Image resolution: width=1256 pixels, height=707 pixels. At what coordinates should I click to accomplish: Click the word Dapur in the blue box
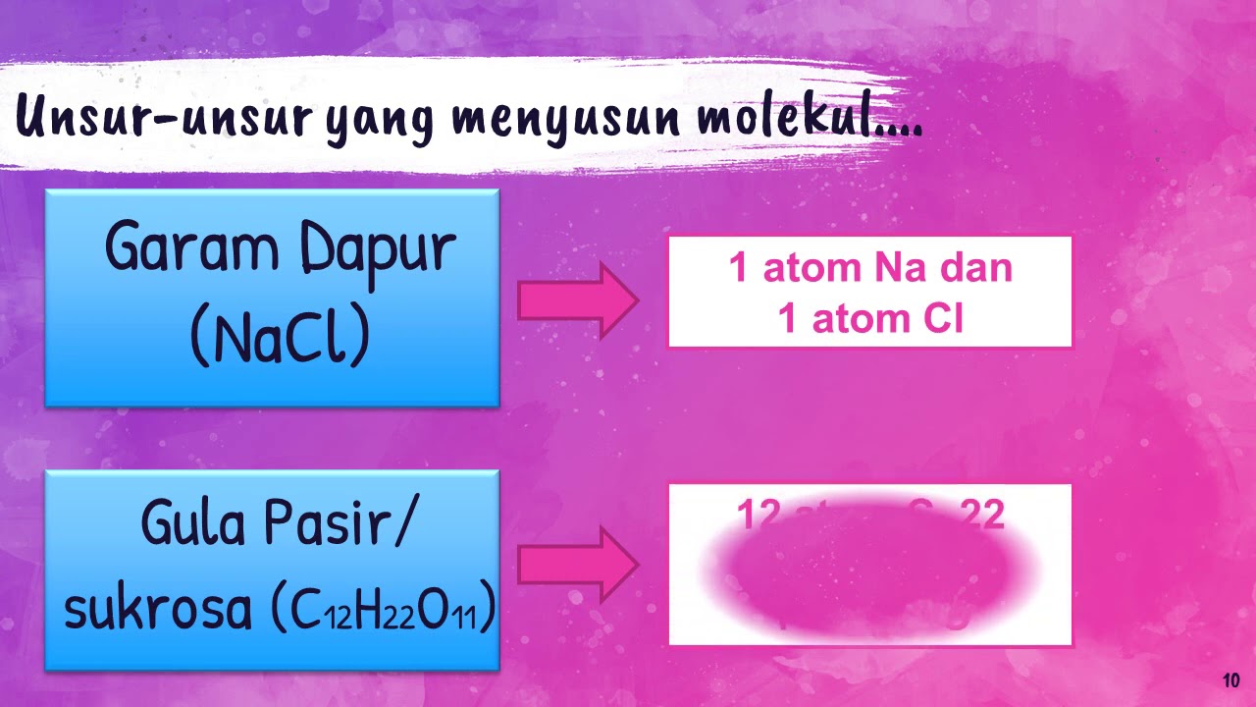pyautogui.click(x=379, y=250)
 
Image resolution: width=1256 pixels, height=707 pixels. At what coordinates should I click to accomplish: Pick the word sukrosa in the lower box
pyautogui.click(x=157, y=609)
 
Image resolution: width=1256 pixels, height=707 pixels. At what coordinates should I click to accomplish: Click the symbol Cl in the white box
pyautogui.click(x=943, y=318)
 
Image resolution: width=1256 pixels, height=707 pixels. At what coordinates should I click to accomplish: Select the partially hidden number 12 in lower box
pyautogui.click(x=758, y=513)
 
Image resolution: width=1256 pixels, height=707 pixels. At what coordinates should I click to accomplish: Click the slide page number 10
pyautogui.click(x=1231, y=680)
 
